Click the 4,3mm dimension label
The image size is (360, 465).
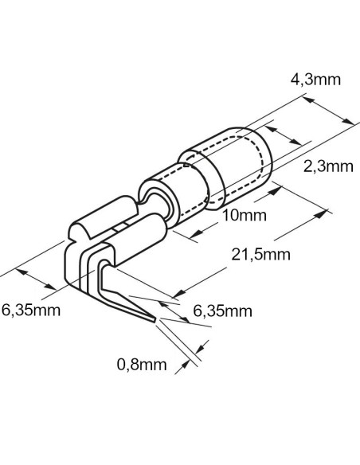point(315,80)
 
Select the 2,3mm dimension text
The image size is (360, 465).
point(328,166)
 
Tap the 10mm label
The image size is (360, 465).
point(245,215)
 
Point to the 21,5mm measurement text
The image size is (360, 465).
point(260,255)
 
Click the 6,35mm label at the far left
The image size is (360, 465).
point(31,311)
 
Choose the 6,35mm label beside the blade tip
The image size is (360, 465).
point(223,311)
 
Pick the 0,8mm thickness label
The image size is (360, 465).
point(142,365)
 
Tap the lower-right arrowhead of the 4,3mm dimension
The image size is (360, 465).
point(347,121)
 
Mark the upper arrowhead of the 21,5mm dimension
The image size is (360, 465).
point(320,214)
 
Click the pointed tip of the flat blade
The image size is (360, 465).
point(155,320)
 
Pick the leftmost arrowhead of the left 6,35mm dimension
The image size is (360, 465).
point(22,272)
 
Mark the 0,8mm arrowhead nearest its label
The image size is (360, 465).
point(185,364)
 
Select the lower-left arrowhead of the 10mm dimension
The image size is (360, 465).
point(196,235)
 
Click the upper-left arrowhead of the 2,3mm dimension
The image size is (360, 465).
point(271,129)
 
